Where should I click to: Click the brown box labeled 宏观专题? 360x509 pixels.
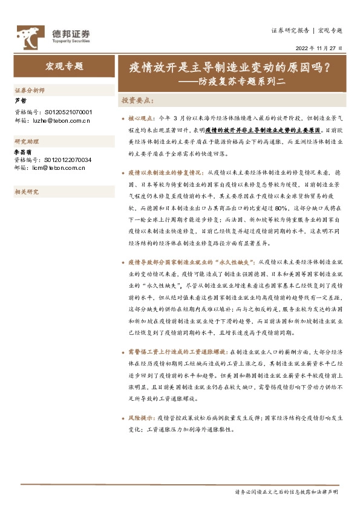coord(63,66)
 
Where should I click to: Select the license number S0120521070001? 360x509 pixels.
coord(68,112)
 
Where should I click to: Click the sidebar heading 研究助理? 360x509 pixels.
coord(26,141)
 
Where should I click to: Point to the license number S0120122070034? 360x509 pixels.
coord(68,160)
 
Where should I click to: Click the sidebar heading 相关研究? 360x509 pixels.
coord(26,192)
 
